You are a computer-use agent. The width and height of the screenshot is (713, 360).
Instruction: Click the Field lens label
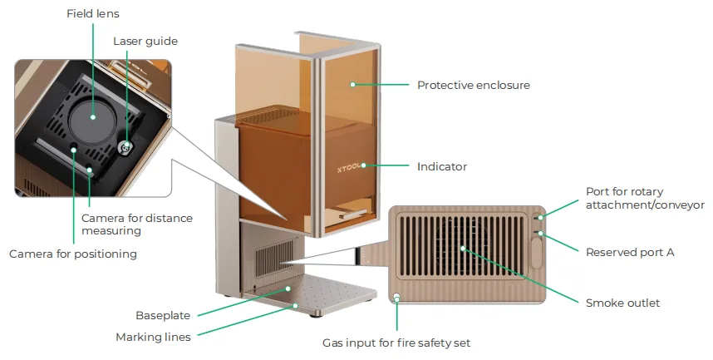tap(93, 13)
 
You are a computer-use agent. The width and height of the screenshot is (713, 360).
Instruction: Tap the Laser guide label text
tap(145, 42)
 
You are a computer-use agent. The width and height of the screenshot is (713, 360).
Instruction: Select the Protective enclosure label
tap(474, 85)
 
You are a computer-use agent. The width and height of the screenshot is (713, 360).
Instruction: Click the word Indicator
tap(442, 166)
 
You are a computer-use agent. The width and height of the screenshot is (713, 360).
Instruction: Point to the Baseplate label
tap(163, 315)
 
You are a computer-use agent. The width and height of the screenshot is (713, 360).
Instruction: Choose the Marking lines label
tap(153, 338)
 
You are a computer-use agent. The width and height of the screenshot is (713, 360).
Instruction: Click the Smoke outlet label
tap(622, 303)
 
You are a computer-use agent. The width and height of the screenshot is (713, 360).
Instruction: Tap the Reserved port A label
tap(630, 253)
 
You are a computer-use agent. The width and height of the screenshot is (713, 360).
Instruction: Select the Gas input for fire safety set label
tap(396, 343)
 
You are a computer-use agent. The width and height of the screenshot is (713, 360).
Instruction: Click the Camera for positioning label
tap(73, 254)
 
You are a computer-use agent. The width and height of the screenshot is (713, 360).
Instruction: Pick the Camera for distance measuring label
tap(137, 224)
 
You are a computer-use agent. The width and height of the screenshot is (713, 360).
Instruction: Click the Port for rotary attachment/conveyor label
tap(645, 198)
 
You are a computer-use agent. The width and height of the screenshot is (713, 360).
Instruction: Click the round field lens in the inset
tap(93, 117)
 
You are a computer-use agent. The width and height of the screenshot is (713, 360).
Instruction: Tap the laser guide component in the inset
tap(126, 145)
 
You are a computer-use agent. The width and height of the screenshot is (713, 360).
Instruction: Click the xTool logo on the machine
tap(349, 168)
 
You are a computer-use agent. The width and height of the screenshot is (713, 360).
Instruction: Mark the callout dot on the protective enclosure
tap(352, 84)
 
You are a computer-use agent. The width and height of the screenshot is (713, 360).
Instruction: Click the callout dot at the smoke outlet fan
tap(462, 249)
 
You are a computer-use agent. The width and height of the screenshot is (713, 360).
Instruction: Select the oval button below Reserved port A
tap(537, 253)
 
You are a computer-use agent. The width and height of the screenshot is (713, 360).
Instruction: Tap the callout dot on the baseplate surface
tap(288, 288)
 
